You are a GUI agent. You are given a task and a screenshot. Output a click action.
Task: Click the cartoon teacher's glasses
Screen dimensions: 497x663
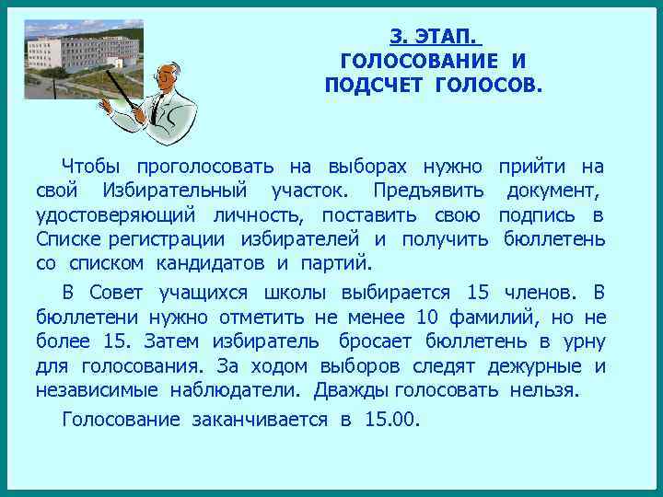(x=165, y=76)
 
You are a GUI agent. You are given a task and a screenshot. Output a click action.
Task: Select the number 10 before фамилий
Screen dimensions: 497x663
(x=427, y=318)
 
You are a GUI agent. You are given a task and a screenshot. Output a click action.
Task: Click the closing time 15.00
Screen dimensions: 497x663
(x=390, y=420)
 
